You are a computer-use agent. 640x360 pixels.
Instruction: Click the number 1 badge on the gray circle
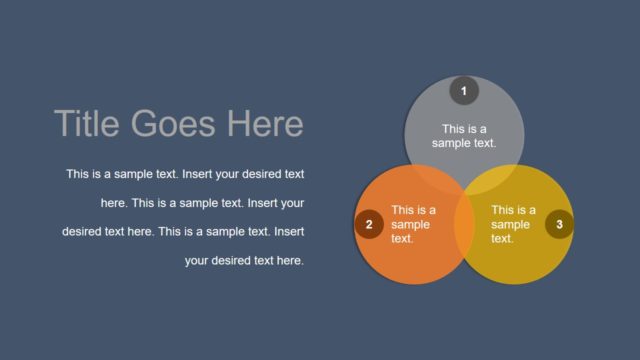(x=463, y=91)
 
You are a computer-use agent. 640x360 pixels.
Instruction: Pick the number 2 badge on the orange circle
(x=369, y=225)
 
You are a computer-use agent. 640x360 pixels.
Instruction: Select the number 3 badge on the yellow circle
(x=559, y=225)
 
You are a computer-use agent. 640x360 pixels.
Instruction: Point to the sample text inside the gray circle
(x=464, y=136)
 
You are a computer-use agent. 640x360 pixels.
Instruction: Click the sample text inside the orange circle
(x=412, y=225)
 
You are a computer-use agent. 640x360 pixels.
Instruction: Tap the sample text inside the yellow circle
(x=512, y=225)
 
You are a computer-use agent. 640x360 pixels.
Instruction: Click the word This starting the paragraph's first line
(x=77, y=174)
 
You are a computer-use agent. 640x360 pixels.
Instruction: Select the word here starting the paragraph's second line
(x=113, y=203)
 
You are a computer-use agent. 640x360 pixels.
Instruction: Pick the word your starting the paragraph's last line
(x=199, y=261)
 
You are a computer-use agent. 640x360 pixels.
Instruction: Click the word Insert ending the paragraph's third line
(x=288, y=232)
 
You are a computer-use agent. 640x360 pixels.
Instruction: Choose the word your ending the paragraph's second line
(x=291, y=203)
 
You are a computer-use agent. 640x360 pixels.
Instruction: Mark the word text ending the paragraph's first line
(x=293, y=174)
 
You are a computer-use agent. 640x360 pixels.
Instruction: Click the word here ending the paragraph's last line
(x=290, y=261)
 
